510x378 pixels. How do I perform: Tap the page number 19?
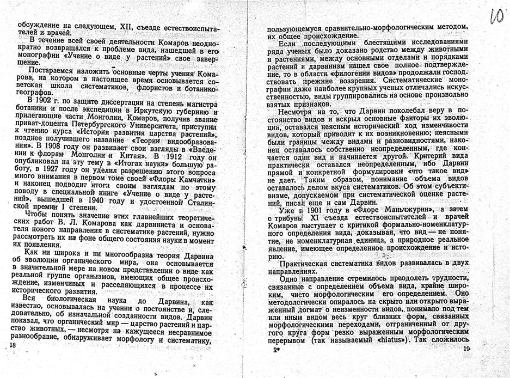point(466,351)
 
